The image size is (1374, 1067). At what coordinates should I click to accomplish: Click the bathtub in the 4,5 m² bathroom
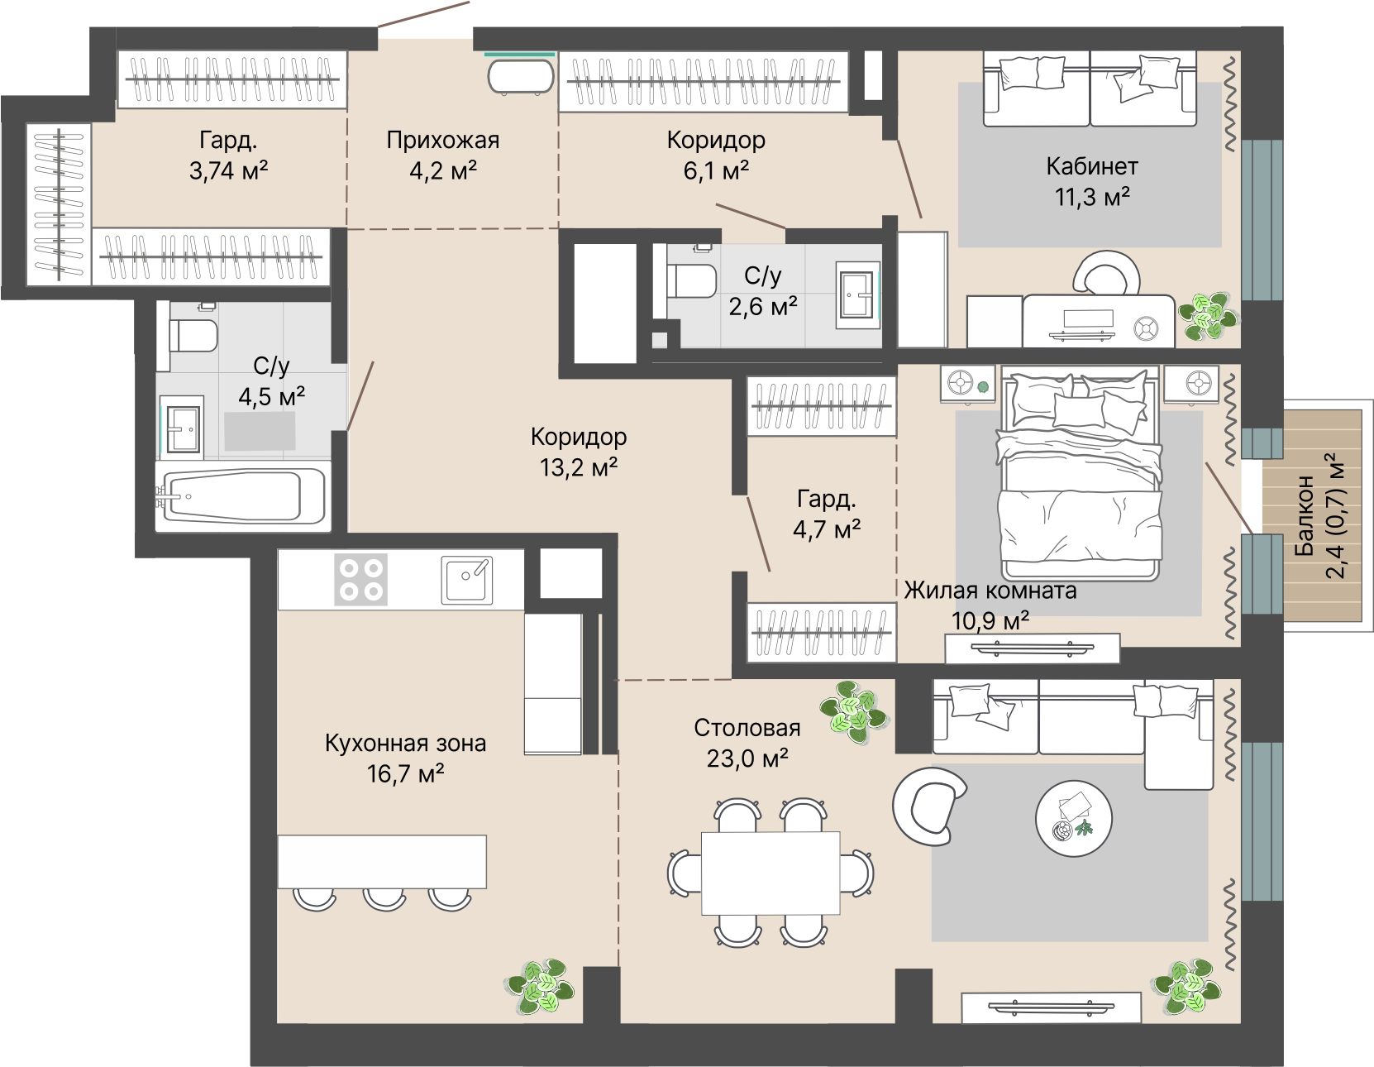coord(243,496)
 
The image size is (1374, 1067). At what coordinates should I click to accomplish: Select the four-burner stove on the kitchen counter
coord(360,579)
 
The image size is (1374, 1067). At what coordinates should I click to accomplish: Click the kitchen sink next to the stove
coord(466,579)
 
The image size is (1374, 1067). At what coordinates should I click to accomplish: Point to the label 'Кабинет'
coord(1092,166)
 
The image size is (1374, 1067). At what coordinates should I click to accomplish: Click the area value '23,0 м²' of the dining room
coord(747,758)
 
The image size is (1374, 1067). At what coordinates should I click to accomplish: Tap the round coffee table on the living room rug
coord(1074,818)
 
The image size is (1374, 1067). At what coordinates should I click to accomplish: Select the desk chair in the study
coord(1106,273)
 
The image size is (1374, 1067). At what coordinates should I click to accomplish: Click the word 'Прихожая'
coord(442,140)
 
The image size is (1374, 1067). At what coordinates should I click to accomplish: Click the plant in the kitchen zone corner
coord(539,988)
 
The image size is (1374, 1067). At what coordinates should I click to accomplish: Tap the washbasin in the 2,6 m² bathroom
coord(858,295)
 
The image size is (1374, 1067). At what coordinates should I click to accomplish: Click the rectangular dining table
coord(770,873)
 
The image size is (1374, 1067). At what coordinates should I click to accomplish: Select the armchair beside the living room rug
coord(929,806)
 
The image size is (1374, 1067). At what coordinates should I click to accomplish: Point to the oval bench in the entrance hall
coord(520,77)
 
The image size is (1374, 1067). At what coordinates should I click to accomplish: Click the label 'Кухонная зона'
coord(405,743)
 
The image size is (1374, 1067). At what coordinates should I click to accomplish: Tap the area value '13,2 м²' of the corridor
coord(579,467)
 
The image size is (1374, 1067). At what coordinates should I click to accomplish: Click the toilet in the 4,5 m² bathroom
coord(193,336)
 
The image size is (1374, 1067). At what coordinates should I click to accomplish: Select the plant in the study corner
coord(1207,317)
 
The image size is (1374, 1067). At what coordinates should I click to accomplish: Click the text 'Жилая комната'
coord(990,590)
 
